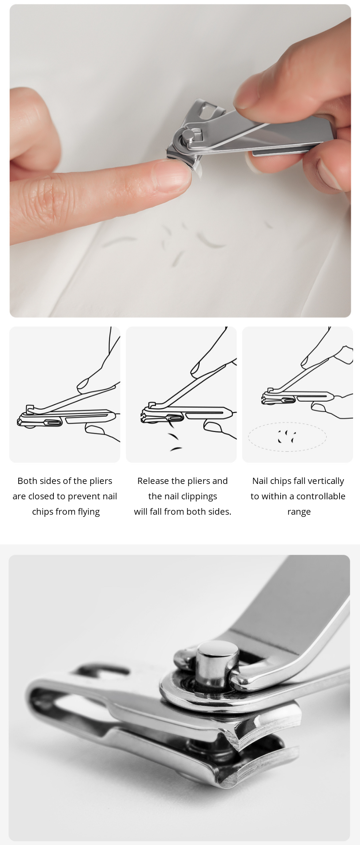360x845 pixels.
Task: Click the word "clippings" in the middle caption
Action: coord(199,496)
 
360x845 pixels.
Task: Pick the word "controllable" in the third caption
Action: coord(321,496)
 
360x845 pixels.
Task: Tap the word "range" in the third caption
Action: coord(299,512)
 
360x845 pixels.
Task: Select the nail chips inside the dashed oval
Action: coord(287,436)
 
